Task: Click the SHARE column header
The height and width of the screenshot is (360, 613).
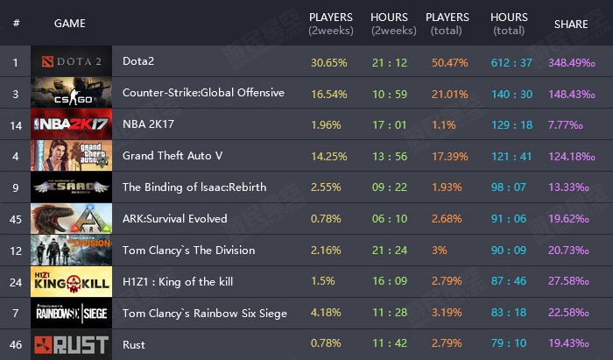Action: coord(571,24)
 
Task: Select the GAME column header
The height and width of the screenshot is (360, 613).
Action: coord(70,24)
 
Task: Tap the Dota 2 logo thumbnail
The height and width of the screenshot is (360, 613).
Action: coord(71,62)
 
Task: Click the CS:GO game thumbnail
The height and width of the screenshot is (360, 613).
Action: coord(71,93)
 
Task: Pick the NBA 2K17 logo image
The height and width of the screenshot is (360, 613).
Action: coord(71,124)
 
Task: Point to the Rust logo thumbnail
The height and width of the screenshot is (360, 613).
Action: coord(71,345)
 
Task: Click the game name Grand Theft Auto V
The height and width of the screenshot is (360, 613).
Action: coord(173,156)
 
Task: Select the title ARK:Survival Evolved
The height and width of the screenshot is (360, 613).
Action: coord(174,219)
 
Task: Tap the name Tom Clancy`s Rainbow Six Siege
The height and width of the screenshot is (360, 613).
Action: coord(205,314)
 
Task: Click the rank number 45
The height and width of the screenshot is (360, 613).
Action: coord(16,219)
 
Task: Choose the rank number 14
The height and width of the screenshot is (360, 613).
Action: coord(16,124)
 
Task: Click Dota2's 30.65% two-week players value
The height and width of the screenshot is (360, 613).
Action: coord(329,62)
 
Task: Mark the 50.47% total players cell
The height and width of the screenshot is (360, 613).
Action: coord(447,62)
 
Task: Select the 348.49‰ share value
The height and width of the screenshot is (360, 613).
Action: coord(571,62)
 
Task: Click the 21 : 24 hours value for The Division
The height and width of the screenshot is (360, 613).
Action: coord(389,251)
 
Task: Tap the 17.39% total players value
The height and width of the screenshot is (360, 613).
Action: coord(447,156)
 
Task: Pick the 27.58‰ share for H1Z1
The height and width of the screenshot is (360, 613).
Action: coord(571,282)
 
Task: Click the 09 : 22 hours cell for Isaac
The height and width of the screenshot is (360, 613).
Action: coord(389,187)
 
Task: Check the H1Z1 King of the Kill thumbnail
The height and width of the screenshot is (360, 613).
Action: coord(71,282)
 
